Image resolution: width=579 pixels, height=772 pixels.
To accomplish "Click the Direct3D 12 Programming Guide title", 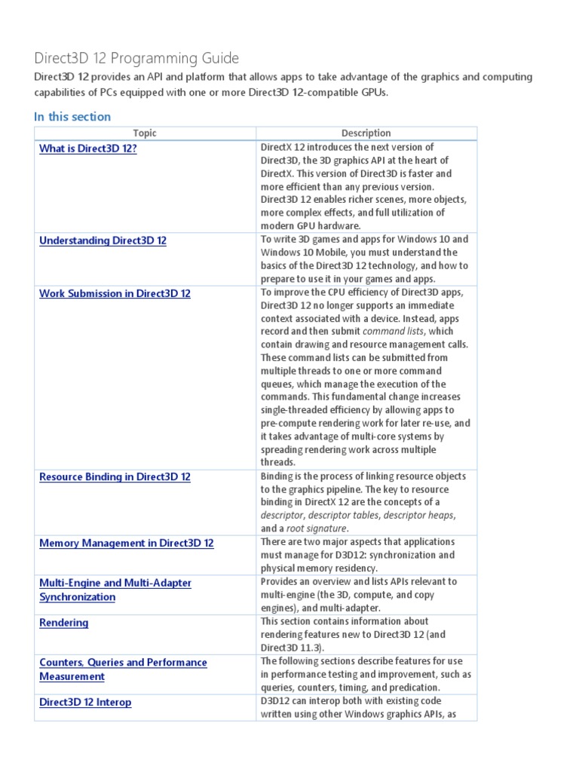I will pos(136,58).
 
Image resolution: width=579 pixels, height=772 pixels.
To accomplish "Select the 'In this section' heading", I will pos(72,116).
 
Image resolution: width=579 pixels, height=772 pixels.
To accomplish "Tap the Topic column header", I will pos(145,133).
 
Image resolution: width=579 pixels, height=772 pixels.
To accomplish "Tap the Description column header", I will pos(366,133).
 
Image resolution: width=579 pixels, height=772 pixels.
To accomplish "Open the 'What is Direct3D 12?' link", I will pos(88,149).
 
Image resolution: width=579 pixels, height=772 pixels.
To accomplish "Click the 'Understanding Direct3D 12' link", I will pos(103,240).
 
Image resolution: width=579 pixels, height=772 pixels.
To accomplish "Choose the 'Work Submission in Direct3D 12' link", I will pos(115,293).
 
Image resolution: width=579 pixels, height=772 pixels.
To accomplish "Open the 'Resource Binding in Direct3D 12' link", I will pos(115,477).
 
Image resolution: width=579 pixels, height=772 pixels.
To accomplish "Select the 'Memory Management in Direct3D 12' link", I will pos(126,543).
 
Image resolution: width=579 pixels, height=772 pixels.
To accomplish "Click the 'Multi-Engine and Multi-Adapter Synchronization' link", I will pos(115,590).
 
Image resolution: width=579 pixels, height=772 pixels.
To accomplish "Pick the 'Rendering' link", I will pos(63,623).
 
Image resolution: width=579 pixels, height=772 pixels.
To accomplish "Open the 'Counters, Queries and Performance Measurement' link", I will pos(122,669).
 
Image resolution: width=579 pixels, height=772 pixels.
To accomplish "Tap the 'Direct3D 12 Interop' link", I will pos(85,702).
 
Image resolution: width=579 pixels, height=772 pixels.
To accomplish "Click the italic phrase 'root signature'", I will pos(316,528).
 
